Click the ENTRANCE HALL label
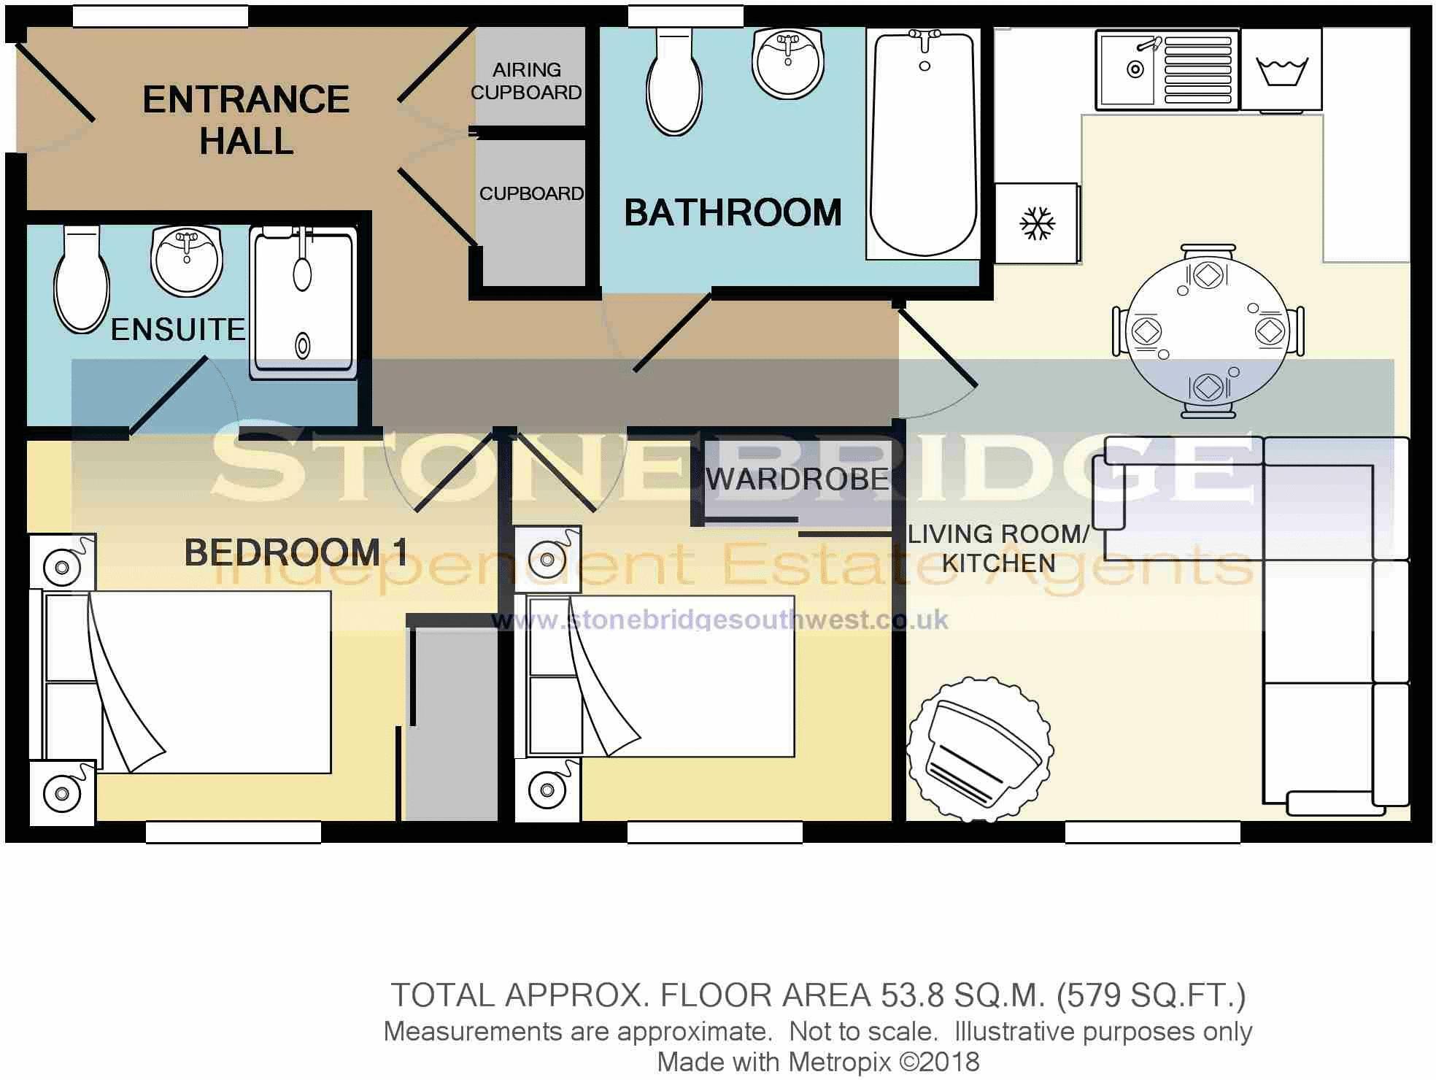click(x=246, y=120)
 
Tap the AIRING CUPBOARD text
click(x=526, y=81)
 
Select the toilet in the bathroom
click(x=674, y=81)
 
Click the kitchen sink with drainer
click(x=1167, y=70)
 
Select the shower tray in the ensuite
click(x=304, y=303)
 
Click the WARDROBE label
click(x=798, y=479)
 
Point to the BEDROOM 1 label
click(x=296, y=552)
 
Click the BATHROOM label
click(x=733, y=212)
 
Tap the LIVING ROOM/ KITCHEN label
click(x=998, y=548)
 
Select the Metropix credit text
click(x=818, y=1062)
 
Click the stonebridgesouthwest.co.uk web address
click(x=719, y=620)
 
